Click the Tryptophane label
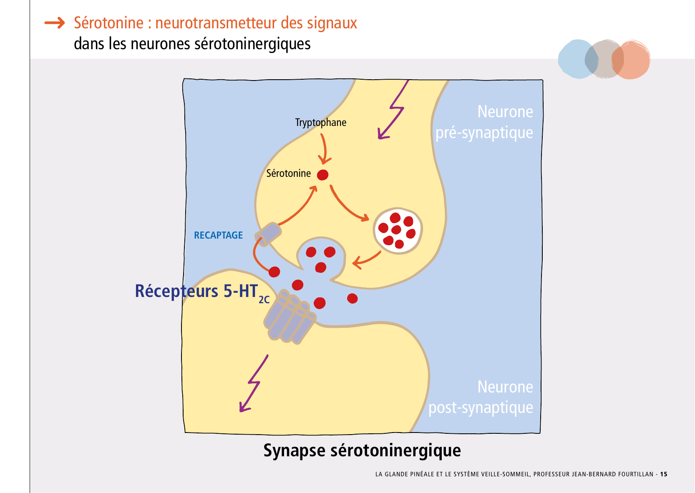320,123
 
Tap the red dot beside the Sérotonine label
322,175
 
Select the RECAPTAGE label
218,235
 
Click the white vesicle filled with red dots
397,231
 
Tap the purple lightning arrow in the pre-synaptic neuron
392,111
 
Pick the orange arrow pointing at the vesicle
348,204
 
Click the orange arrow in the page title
55,23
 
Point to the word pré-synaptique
484,133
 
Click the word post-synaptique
481,407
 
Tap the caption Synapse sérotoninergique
362,450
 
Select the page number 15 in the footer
664,474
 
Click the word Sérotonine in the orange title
108,23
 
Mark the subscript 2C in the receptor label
264,300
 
